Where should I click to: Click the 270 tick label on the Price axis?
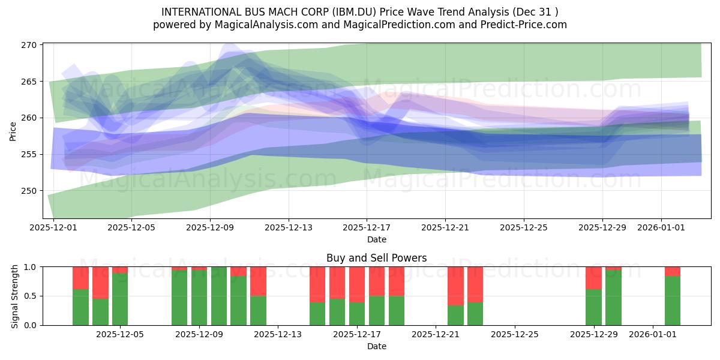29,45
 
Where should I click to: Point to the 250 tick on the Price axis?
29,191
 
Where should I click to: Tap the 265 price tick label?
29,82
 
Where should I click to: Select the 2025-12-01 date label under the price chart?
53,227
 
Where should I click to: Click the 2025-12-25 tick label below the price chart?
524,227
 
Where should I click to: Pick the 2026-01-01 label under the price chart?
661,227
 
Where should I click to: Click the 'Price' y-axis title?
13,131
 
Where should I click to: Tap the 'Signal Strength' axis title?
14,296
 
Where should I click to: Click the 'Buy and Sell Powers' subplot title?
376,258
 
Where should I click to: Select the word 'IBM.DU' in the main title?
354,12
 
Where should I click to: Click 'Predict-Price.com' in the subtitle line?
524,25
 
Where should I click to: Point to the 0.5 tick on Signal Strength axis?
31,296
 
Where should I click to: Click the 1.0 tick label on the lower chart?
31,267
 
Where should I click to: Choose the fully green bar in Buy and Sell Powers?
219,296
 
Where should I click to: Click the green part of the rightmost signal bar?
673,301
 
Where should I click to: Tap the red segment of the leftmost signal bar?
80,278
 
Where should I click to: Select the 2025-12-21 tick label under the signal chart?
436,334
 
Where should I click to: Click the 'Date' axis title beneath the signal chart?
377,346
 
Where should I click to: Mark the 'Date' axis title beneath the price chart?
377,239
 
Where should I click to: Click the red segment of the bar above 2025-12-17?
357,284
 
